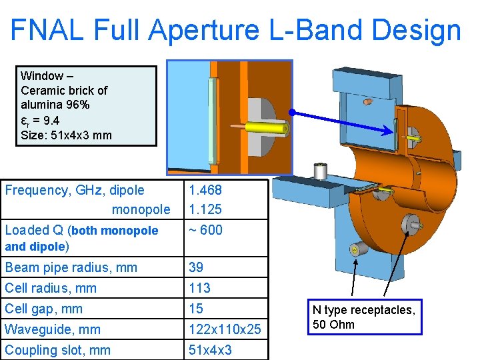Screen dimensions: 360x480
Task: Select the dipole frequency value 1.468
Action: click(205, 190)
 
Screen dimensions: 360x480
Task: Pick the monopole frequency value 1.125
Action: click(205, 209)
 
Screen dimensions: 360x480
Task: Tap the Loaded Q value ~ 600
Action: click(205, 230)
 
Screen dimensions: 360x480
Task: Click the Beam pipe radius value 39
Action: click(197, 267)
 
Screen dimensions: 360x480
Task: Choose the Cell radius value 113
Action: click(199, 288)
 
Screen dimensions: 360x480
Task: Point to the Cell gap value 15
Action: click(196, 309)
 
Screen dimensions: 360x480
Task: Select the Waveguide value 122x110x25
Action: click(224, 329)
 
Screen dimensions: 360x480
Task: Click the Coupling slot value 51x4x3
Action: click(210, 350)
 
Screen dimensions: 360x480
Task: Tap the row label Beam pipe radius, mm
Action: click(71, 267)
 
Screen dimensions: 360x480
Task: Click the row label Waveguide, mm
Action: click(53, 329)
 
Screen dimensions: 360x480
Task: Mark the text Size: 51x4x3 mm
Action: click(67, 135)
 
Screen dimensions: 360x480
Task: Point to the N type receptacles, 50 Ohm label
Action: click(364, 317)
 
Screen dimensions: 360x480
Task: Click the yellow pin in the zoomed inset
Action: click(266, 128)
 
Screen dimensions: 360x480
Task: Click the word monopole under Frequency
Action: click(141, 209)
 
